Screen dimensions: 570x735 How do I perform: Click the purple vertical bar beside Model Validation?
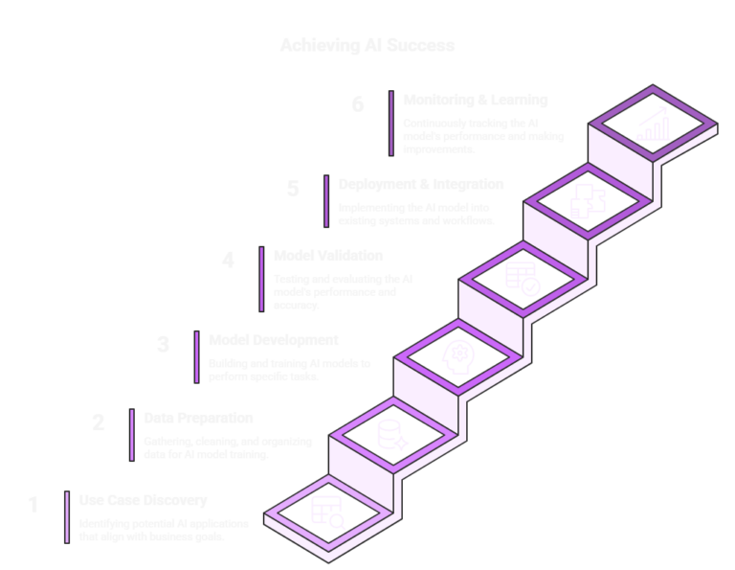tap(261, 279)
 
